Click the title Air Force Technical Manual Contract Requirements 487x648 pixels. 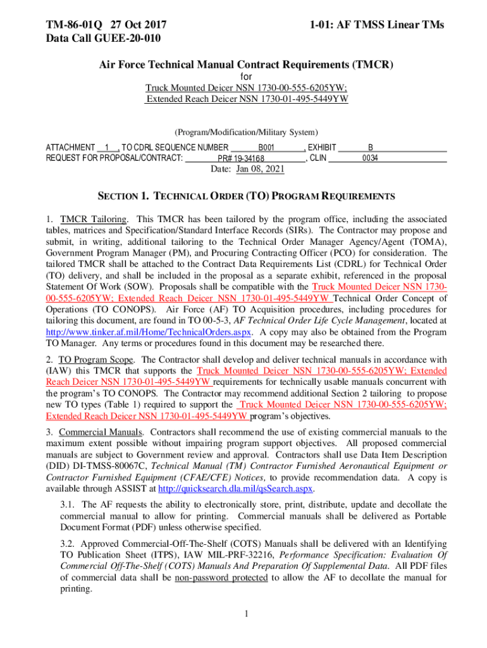tap(246, 65)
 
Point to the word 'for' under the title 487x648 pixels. tap(246, 77)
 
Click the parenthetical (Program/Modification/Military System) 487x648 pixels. tap(246, 132)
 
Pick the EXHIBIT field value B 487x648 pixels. tap(371, 147)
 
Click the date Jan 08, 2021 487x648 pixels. tap(260, 169)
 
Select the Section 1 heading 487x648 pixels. tap(246, 196)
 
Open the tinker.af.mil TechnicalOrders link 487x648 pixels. tap(149, 332)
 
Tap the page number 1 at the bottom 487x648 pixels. tap(246, 614)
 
